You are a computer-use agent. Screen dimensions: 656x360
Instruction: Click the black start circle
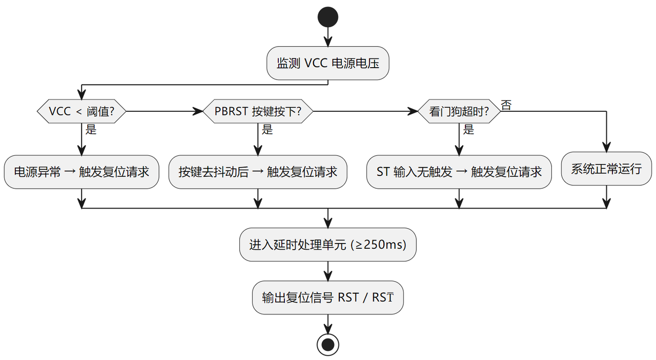coord(327,17)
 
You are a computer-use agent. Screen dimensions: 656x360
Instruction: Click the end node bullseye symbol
coord(327,345)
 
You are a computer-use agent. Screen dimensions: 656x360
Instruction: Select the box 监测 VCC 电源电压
coord(327,63)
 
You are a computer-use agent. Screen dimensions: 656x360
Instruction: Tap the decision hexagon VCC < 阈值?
coord(81,111)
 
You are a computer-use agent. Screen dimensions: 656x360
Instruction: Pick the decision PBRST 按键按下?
coord(258,111)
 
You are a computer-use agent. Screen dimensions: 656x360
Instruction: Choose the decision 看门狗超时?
coord(459,111)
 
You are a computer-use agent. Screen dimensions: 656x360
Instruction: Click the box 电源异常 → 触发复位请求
coord(81,172)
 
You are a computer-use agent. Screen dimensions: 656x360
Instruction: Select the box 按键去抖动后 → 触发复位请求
coord(258,172)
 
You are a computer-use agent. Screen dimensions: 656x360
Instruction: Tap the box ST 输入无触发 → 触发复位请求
coord(459,172)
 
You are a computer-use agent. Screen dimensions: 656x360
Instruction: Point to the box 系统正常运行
coord(606,169)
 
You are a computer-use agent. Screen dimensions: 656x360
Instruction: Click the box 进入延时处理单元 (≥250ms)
coord(327,245)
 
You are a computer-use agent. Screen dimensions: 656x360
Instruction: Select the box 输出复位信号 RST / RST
coord(327,297)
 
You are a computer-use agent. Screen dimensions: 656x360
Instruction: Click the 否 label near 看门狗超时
coord(506,105)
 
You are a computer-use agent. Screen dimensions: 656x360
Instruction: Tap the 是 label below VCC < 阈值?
coord(91,129)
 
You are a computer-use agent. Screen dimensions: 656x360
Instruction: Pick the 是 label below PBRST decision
coord(267,129)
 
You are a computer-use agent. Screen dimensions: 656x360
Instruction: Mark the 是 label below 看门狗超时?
coord(468,129)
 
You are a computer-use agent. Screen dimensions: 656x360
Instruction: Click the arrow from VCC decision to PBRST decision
coord(165,111)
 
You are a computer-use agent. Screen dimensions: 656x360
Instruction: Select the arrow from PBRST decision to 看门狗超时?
coord(365,111)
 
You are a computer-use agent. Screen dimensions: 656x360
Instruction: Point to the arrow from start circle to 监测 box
coord(327,37)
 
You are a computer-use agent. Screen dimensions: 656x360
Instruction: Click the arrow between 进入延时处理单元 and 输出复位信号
coord(327,271)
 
